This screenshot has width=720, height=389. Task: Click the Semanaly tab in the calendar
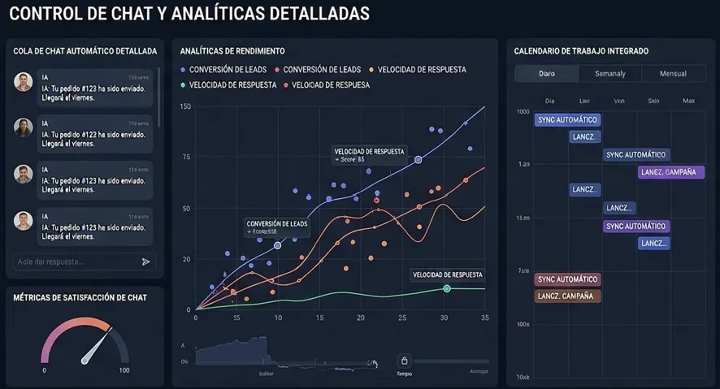pos(609,74)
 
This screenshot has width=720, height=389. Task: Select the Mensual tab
pos(673,74)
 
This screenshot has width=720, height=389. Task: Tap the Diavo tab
pos(547,74)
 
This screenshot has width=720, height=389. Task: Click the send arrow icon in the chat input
pos(146,261)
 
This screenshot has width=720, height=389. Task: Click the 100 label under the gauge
pos(124,370)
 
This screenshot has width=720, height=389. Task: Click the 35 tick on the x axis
pos(484,318)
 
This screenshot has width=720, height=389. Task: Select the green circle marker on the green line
pos(447,289)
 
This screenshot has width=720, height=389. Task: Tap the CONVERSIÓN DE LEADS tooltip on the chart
pos(276,227)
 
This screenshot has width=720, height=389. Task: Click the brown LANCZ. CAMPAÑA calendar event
pos(567,296)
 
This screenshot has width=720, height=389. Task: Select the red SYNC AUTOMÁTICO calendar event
pos(567,279)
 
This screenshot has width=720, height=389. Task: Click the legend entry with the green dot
pos(230,84)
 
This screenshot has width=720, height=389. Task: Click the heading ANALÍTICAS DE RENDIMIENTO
pos(232,50)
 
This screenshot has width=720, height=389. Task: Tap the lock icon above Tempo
pos(405,361)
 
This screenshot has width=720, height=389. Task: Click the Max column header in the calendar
pos(688,101)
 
